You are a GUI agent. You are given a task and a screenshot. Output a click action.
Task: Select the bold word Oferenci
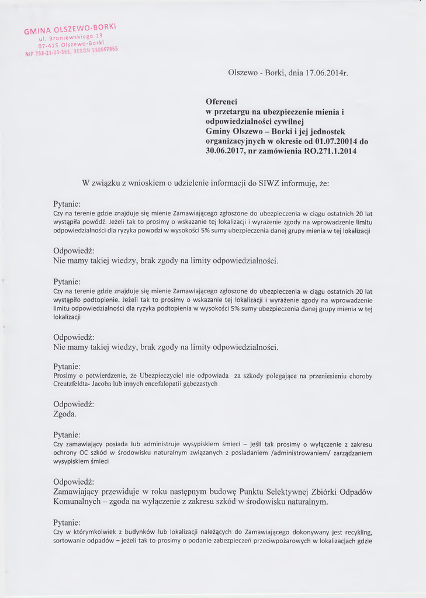click(221, 102)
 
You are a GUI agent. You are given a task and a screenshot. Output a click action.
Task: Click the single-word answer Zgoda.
click(65, 414)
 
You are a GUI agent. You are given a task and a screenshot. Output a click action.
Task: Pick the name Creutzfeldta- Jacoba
click(83, 384)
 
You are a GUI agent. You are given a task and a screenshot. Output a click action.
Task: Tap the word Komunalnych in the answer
click(80, 502)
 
